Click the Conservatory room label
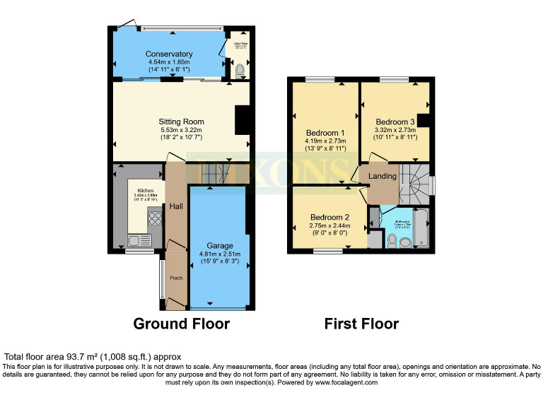[169, 54]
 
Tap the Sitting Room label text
[181, 122]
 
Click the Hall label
[175, 206]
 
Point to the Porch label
[176, 278]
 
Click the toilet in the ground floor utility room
[240, 69]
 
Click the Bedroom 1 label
[325, 133]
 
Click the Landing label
[382, 176]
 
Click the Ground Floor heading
[182, 324]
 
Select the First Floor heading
[361, 324]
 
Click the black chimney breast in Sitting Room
[243, 119]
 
